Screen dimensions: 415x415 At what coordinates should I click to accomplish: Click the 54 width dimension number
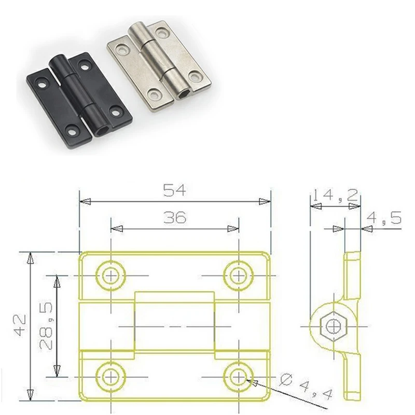tap(175, 190)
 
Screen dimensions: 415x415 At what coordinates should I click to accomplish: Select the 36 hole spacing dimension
tap(175, 218)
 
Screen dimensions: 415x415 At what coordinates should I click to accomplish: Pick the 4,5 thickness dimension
tap(384, 218)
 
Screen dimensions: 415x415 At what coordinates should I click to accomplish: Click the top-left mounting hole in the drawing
tap(110, 275)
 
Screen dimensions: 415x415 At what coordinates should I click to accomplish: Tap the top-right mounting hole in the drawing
tap(238, 275)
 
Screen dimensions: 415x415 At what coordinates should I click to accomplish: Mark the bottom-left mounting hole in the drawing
tap(110, 375)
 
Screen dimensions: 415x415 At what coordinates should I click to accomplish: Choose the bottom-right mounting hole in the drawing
tap(238, 375)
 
